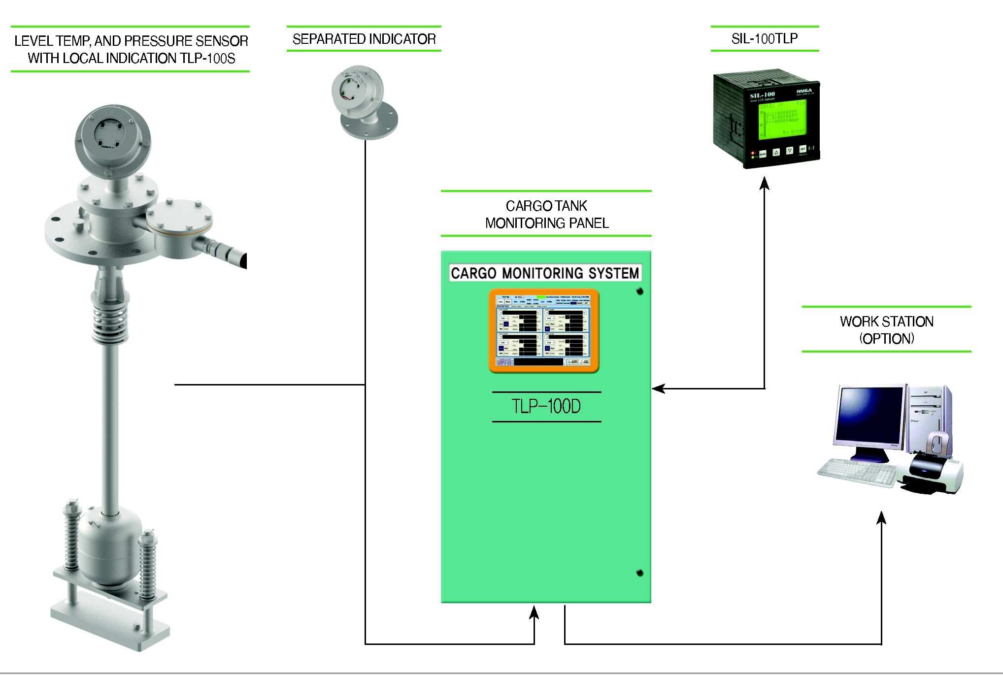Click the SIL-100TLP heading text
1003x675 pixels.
765,38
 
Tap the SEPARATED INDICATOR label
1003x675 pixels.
364,39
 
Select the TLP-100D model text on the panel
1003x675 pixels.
546,407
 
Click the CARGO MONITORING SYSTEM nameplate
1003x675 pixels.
545,273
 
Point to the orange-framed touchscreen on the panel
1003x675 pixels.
544,331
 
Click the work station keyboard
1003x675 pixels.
858,472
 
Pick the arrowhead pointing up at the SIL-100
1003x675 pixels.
765,183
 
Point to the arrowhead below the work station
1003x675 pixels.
882,517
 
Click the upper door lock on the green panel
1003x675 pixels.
640,291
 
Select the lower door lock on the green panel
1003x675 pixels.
640,573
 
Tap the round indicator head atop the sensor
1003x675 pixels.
113,137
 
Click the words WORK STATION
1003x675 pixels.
887,321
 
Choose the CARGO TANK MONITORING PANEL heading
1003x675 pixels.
546,214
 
